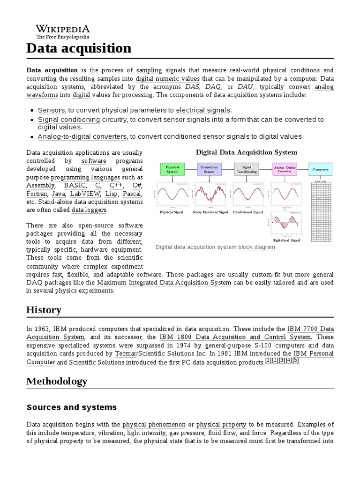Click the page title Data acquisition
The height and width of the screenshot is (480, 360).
coord(79,48)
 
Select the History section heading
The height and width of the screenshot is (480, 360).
coord(44,310)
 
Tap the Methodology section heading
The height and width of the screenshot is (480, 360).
coord(57,381)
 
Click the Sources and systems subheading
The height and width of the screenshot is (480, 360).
coord(71,407)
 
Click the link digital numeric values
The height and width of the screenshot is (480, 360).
coord(167,79)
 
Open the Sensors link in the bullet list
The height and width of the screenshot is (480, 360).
coord(52,110)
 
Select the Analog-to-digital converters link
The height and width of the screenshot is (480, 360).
coord(82,136)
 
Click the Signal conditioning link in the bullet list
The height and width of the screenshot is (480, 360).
coord(69,120)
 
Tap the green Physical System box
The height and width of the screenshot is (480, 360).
coord(172,169)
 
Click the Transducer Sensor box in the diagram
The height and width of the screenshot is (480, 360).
coord(209,169)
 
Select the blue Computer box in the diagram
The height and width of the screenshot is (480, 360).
coord(321,169)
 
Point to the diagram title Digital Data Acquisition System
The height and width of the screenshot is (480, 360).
coord(246,152)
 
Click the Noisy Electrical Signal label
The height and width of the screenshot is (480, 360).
coord(210,212)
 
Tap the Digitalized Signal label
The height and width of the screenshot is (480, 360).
coord(286,240)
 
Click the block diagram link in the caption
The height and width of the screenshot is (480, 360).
coord(256,247)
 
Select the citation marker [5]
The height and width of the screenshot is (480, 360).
coord(295,360)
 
